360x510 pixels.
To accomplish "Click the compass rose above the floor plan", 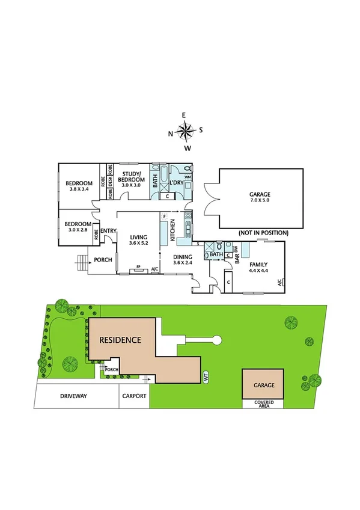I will pos(187,131).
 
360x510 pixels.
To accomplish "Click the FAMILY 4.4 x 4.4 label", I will pos(260,267).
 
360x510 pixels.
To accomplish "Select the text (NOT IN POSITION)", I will pos(263,233).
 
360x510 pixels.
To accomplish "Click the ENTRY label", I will pos(109,231).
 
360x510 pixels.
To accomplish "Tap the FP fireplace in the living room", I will pos(139,267).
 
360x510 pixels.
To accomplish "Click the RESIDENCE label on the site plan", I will pos(121,340).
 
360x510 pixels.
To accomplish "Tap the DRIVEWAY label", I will pos(74,396).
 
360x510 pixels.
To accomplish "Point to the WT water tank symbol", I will pos(206,378).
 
